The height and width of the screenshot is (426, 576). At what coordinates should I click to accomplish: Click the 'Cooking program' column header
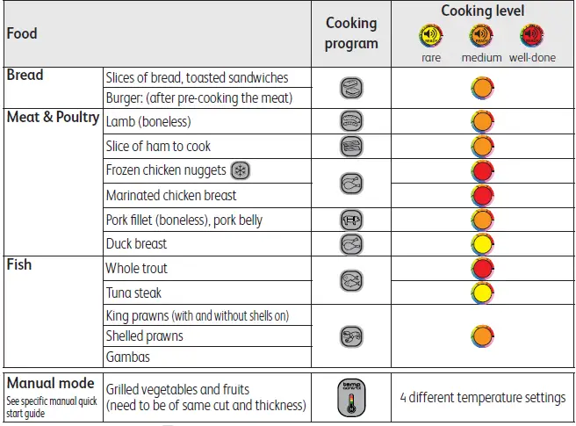[351, 33]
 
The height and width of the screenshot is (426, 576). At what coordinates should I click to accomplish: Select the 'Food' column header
[22, 33]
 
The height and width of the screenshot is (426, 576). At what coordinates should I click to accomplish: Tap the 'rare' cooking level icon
[430, 36]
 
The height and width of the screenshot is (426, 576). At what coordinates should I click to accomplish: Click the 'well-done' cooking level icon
[531, 36]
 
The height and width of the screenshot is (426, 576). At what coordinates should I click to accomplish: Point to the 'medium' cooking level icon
[480, 36]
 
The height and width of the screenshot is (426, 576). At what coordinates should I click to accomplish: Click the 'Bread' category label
[25, 76]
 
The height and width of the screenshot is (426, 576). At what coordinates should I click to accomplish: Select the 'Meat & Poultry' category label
[53, 118]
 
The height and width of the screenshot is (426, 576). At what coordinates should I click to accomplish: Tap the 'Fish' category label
[19, 264]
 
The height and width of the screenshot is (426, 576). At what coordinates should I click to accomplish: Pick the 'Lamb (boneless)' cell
[148, 122]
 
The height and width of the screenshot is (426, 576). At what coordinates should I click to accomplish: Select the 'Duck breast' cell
[136, 243]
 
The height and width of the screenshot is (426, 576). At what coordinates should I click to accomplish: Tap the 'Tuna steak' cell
[133, 292]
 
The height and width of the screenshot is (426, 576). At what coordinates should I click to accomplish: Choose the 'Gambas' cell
[127, 357]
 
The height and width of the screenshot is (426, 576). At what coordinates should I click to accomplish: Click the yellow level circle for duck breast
[482, 243]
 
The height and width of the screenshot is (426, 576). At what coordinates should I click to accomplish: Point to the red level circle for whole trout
[482, 268]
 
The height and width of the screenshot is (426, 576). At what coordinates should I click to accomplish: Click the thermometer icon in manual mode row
[351, 398]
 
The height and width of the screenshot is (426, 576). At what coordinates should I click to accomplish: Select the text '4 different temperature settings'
[482, 398]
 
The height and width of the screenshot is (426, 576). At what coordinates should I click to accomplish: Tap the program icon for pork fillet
[351, 220]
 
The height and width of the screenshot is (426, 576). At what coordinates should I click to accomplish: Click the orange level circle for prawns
[482, 336]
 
